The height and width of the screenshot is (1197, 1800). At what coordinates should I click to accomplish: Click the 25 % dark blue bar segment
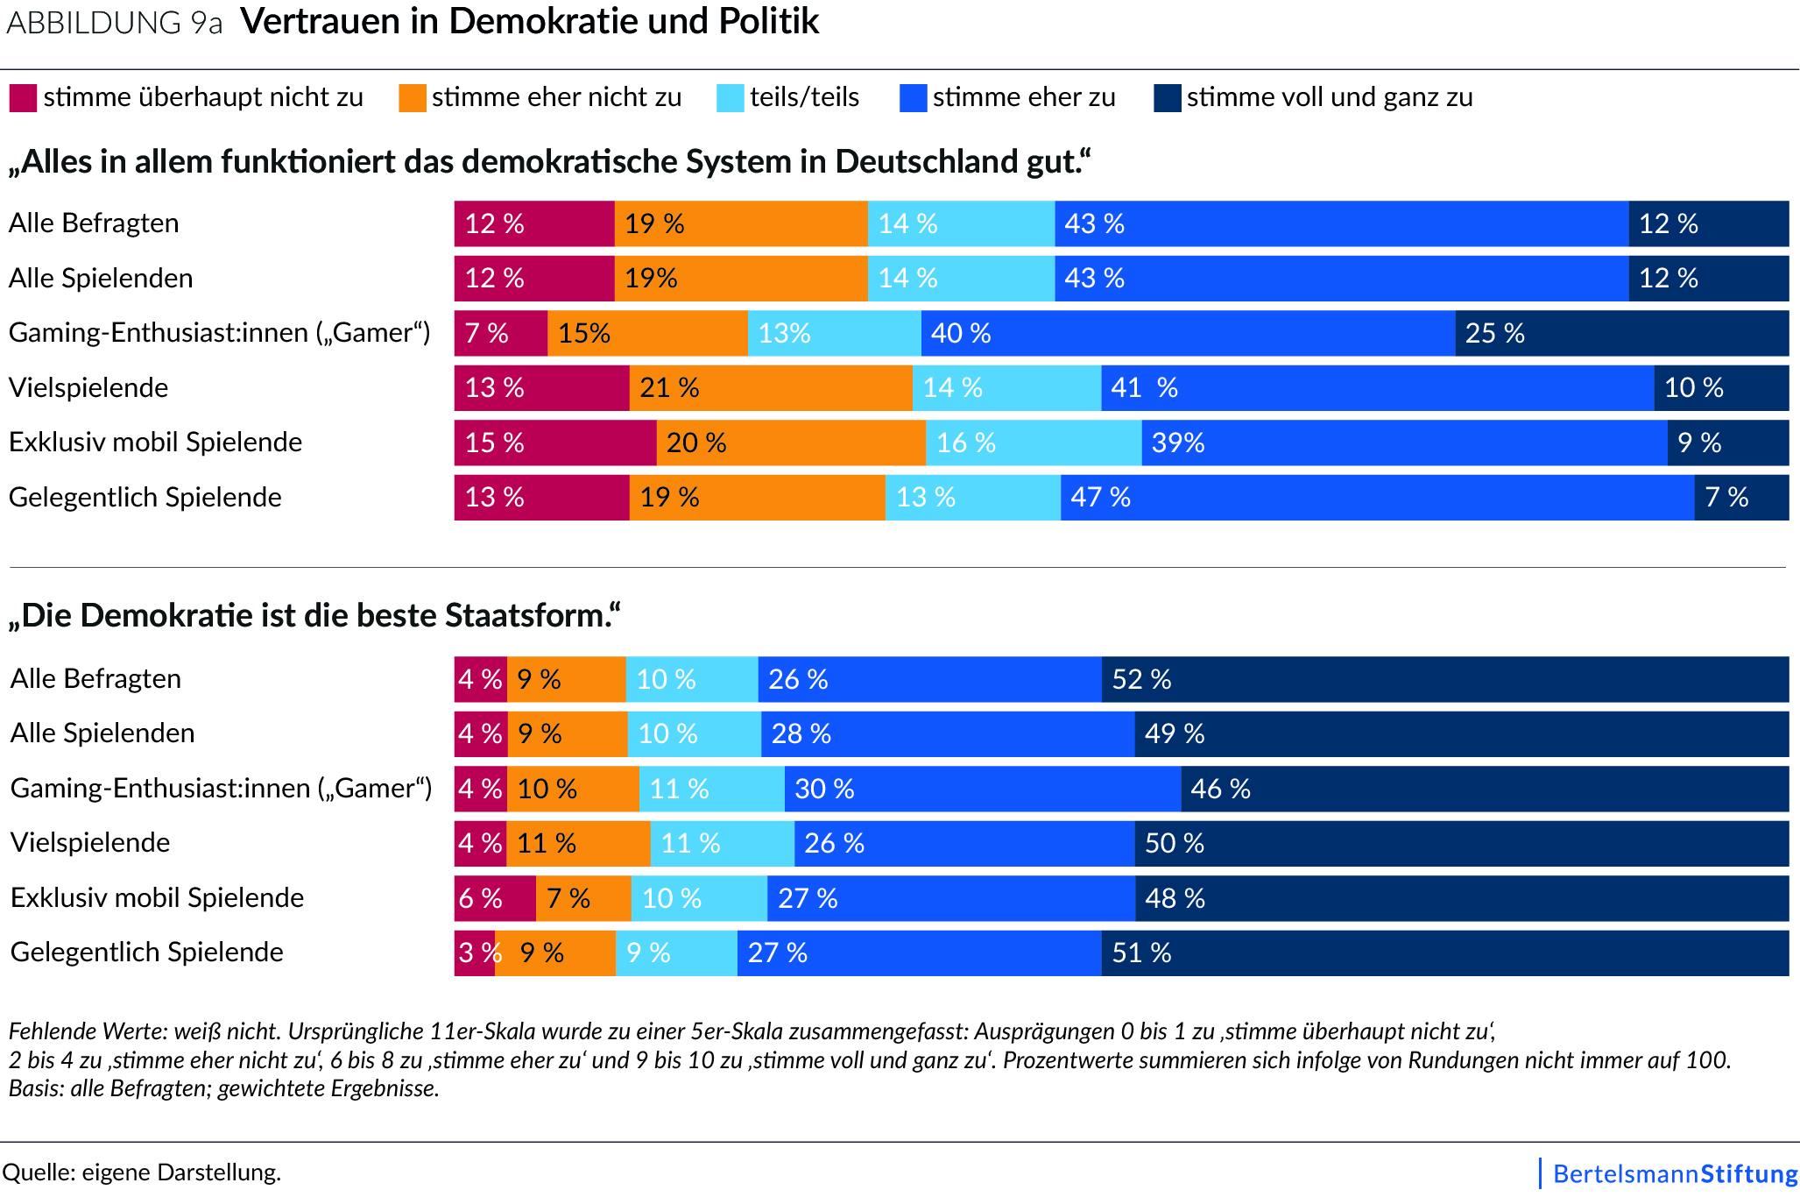click(x=1621, y=333)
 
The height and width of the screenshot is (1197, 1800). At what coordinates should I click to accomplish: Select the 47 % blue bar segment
click(x=1377, y=497)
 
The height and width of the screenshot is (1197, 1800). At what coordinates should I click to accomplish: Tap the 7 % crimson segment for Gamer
click(x=500, y=333)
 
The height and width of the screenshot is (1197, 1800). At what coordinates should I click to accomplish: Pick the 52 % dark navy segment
click(x=1444, y=679)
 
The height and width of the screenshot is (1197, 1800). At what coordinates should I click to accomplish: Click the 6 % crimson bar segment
click(x=494, y=898)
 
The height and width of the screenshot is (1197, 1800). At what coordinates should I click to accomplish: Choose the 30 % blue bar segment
click(x=982, y=789)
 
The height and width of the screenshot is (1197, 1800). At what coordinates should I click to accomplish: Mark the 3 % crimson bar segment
click(x=475, y=953)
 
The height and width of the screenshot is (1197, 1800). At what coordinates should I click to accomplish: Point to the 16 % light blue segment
click(x=1034, y=443)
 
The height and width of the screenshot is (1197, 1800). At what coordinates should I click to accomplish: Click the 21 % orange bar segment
click(x=770, y=387)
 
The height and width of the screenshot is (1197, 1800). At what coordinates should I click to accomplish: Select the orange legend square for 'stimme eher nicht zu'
click(x=413, y=97)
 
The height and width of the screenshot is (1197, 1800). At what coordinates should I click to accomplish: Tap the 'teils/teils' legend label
click(x=804, y=97)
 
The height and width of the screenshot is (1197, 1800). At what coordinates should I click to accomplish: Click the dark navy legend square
click(x=1168, y=97)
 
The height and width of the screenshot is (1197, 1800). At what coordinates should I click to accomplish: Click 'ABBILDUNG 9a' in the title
click(x=114, y=23)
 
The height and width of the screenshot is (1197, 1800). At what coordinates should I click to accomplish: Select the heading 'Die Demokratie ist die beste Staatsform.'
click(x=314, y=615)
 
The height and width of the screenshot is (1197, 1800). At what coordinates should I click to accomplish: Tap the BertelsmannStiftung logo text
click(x=1675, y=1173)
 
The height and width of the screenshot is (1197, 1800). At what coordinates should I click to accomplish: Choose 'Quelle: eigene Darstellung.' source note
click(x=142, y=1172)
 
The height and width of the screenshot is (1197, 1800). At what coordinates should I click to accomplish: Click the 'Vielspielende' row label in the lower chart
click(x=90, y=842)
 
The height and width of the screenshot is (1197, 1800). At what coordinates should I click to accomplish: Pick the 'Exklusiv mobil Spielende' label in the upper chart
click(x=155, y=442)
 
